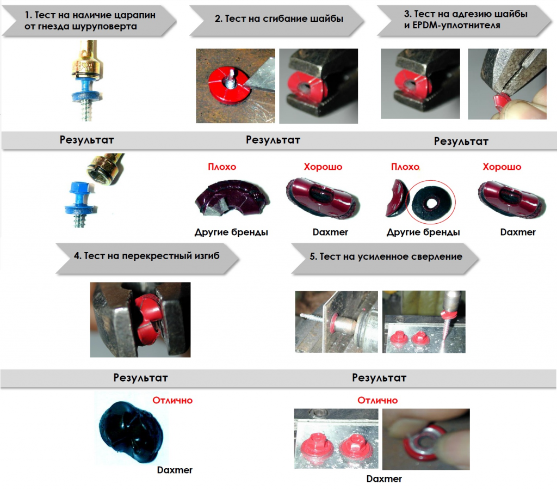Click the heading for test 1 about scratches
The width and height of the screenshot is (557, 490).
click(x=90, y=21)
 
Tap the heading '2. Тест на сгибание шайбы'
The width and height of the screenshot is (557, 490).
click(x=279, y=19)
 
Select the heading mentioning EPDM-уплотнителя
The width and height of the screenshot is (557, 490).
click(x=466, y=20)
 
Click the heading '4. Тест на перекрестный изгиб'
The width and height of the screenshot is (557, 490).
click(x=147, y=256)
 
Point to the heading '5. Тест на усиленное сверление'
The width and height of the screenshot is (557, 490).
click(x=386, y=257)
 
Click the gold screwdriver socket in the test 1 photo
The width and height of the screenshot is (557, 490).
click(x=88, y=59)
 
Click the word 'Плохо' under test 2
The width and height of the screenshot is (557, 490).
click(x=222, y=167)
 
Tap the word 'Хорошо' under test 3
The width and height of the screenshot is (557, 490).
click(x=502, y=167)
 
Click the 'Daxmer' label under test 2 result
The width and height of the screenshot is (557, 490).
click(x=330, y=232)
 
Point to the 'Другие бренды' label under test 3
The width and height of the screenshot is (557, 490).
click(x=423, y=232)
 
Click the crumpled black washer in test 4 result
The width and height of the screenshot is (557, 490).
click(x=131, y=432)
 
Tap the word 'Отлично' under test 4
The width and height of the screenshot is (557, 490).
click(x=172, y=400)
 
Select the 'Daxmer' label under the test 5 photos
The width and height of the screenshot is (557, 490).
click(x=384, y=479)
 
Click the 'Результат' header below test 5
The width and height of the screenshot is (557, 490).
click(x=379, y=378)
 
